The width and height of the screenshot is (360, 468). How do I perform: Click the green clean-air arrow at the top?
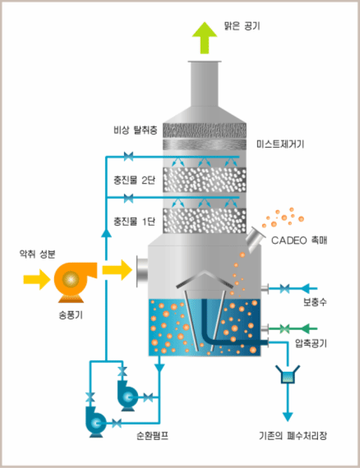[x=205, y=38]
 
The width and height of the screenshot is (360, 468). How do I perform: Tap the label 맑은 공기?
[x=242, y=26]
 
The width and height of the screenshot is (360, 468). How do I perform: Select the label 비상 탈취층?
[x=136, y=130]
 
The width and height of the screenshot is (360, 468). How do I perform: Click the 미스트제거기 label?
[x=280, y=145]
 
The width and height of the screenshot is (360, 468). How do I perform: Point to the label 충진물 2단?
[x=134, y=180]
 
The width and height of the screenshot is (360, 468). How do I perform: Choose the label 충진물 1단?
[x=134, y=221]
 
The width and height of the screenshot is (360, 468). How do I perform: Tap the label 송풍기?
[x=71, y=315]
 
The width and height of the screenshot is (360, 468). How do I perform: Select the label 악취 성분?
[x=37, y=254]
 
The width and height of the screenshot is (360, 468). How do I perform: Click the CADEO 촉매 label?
[x=299, y=241]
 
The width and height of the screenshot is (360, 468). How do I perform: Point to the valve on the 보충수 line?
[x=284, y=289]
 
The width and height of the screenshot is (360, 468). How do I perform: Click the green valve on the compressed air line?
[x=284, y=329]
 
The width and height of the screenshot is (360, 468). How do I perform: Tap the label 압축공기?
[x=311, y=343]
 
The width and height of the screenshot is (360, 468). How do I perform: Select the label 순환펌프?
[x=152, y=436]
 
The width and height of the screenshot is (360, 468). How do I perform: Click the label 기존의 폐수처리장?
[x=293, y=436]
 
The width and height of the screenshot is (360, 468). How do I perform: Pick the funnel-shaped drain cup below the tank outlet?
[x=288, y=374]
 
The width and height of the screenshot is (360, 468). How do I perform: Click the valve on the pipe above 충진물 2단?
[x=128, y=156]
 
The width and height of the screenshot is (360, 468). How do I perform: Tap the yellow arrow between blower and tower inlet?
[x=117, y=270]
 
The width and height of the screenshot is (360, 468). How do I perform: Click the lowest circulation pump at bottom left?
[x=95, y=422]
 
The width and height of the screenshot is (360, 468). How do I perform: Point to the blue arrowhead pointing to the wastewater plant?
[x=288, y=416]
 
